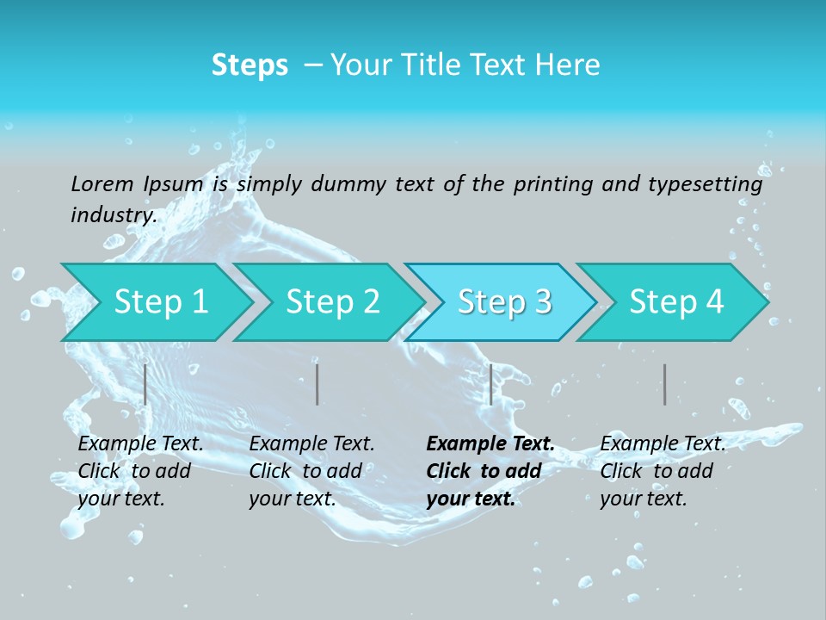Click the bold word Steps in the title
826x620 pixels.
tap(250, 65)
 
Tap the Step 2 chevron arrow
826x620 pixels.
tap(332, 302)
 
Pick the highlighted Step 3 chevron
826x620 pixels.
tap(504, 302)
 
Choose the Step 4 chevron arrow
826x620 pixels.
tap(676, 302)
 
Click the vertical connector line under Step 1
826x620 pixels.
tap(145, 384)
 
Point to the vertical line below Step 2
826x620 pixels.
tap(317, 384)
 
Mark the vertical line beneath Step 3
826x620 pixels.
tap(490, 384)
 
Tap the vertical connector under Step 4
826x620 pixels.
tap(664, 384)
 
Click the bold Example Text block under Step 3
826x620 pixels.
tap(490, 471)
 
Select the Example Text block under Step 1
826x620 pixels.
tap(140, 471)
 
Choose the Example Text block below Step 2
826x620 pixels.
tap(311, 471)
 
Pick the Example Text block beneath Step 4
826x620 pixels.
tap(663, 471)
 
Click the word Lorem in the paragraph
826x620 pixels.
tap(102, 183)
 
